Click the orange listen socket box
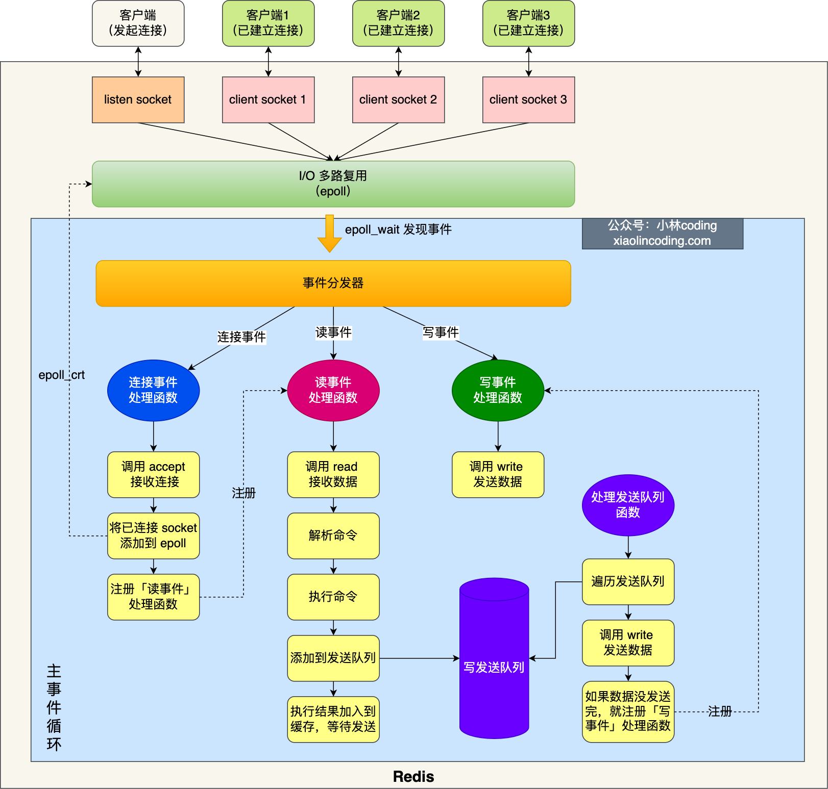[138, 99]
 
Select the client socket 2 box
[398, 99]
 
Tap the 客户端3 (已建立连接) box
[528, 23]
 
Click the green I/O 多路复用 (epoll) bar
[333, 184]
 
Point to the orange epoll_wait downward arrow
[329, 234]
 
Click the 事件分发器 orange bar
[333, 283]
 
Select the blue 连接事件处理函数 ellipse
[153, 390]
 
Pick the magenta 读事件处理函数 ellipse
[333, 390]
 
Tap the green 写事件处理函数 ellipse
[498, 390]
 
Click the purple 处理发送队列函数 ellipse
[628, 505]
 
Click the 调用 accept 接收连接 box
[153, 474]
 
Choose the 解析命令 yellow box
[333, 536]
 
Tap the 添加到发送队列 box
[333, 658]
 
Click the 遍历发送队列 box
[628, 581]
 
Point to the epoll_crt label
[61, 375]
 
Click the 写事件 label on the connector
[441, 333]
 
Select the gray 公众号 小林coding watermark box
[662, 233]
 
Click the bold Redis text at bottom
[413, 776]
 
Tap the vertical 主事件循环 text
[54, 707]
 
